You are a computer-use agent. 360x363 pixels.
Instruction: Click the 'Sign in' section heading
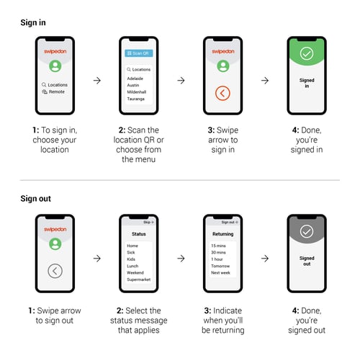pyautogui.click(x=33, y=23)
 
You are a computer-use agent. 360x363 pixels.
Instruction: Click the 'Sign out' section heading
pyautogui.click(x=36, y=198)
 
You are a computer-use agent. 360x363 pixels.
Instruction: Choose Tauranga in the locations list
pyautogui.click(x=135, y=99)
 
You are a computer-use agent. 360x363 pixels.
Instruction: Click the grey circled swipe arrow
pyautogui.click(x=55, y=271)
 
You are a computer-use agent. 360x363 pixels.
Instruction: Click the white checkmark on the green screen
pyautogui.click(x=307, y=53)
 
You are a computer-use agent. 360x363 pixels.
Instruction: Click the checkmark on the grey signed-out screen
pyautogui.click(x=307, y=231)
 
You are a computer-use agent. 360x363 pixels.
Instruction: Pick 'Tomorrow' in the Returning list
pyautogui.click(x=221, y=266)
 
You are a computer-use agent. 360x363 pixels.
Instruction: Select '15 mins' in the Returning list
pyautogui.click(x=218, y=246)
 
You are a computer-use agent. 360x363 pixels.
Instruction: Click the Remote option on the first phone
pyautogui.click(x=55, y=92)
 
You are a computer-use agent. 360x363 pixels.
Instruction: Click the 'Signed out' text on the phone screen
pyautogui.click(x=307, y=261)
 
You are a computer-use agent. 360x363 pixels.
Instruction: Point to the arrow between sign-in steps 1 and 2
pyautogui.click(x=96, y=80)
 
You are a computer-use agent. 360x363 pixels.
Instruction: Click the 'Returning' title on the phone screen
pyautogui.click(x=222, y=234)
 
